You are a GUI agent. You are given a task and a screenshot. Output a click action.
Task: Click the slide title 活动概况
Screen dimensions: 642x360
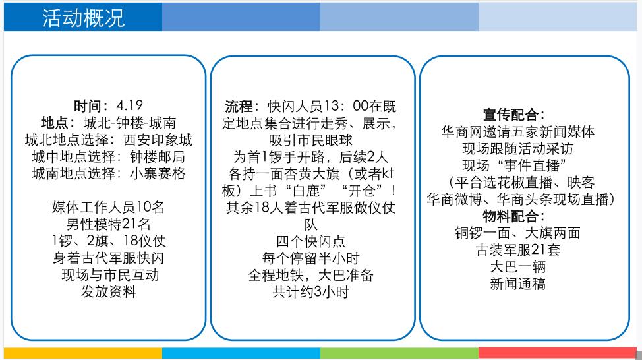click(83, 18)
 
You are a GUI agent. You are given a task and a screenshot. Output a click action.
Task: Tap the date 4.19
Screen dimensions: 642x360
click(129, 105)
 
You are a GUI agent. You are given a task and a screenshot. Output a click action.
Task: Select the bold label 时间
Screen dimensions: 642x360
click(87, 105)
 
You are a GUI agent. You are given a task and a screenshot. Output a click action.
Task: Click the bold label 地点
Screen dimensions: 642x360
click(55, 123)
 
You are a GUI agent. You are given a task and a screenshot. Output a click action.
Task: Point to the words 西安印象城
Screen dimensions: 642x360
click(158, 140)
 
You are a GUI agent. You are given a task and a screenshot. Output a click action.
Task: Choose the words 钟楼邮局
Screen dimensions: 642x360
click(158, 156)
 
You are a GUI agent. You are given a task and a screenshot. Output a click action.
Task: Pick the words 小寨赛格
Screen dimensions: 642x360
click(158, 173)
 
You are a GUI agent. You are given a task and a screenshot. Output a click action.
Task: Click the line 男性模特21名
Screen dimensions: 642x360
click(109, 224)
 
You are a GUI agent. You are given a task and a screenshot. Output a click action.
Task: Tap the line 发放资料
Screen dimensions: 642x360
click(109, 291)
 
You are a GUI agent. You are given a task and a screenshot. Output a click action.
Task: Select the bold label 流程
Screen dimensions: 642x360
click(239, 106)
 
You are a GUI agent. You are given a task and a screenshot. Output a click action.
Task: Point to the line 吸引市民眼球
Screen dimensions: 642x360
click(310, 140)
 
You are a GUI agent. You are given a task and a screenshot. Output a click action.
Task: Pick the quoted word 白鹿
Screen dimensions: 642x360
click(306, 191)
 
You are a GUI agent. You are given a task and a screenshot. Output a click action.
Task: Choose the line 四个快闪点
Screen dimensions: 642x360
click(310, 241)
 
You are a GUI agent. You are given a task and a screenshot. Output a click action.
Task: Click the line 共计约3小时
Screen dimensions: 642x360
click(310, 292)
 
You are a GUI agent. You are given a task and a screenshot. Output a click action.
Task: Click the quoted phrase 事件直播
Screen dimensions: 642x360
click(531, 165)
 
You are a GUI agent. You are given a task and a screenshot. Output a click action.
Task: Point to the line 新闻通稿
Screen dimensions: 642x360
click(518, 284)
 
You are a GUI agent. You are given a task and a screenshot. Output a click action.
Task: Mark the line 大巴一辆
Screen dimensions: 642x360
click(518, 266)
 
